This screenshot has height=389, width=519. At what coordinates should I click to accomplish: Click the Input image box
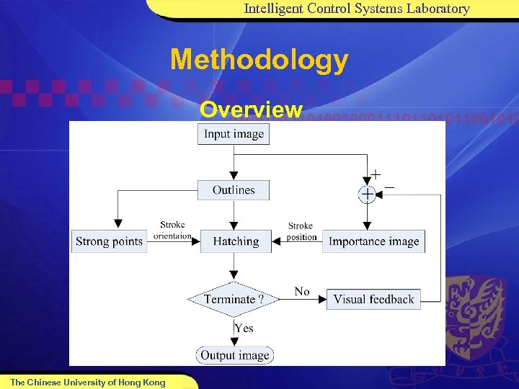tap(234, 134)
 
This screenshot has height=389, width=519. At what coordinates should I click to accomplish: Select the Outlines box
tap(234, 190)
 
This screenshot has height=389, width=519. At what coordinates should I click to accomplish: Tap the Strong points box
tap(110, 241)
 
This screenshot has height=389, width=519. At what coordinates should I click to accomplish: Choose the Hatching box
tap(236, 241)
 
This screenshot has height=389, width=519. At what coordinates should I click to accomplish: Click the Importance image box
tap(373, 241)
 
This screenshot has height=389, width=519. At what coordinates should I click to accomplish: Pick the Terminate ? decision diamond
tap(233, 299)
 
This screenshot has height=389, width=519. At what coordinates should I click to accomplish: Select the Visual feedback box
tap(373, 299)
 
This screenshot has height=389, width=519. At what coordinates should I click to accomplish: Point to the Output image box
tap(234, 355)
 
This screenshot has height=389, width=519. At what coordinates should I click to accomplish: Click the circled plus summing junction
tap(367, 194)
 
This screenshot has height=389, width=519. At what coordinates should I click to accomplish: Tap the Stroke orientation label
tap(172, 231)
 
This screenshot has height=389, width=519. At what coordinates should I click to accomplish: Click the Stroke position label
tap(301, 231)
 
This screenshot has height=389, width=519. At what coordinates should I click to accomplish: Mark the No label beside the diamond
tap(302, 292)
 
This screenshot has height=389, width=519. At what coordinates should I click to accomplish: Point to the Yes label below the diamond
tap(244, 328)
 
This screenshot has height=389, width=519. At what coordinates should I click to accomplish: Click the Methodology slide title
tap(259, 60)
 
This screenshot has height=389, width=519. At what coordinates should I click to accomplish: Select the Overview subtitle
tap(251, 109)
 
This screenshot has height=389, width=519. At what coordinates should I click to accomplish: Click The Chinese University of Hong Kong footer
tap(87, 383)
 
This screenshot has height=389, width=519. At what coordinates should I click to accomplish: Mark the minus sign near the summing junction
tap(389, 187)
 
